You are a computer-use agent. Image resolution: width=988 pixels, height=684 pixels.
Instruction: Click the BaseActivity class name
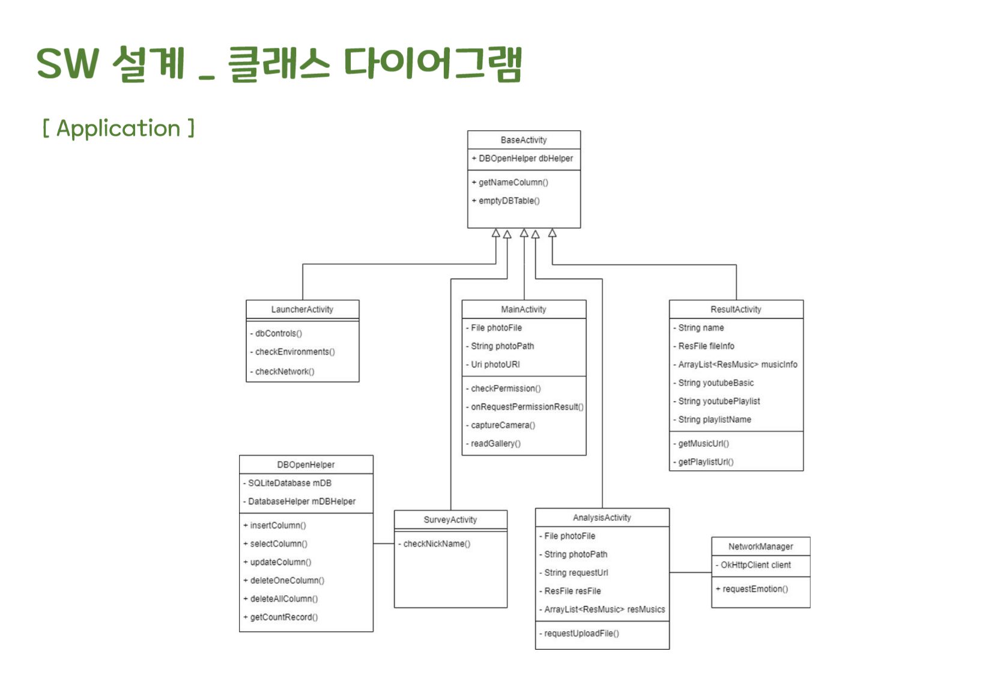click(524, 140)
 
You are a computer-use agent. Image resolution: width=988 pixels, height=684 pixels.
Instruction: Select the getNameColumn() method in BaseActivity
click(513, 182)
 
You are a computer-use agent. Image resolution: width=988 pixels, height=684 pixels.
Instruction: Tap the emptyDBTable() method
click(509, 201)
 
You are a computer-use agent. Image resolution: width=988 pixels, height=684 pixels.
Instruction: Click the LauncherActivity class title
click(302, 309)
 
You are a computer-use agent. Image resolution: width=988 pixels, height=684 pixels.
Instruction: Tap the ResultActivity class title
click(736, 309)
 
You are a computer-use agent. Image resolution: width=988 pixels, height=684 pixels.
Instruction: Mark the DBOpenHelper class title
click(306, 465)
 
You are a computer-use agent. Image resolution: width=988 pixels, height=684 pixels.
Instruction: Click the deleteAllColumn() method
click(283, 599)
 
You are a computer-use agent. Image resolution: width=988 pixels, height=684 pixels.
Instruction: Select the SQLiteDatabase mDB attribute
click(289, 483)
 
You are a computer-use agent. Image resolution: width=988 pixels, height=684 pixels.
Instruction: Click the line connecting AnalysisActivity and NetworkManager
click(691, 572)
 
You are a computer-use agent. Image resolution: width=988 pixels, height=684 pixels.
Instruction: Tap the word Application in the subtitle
click(118, 128)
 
